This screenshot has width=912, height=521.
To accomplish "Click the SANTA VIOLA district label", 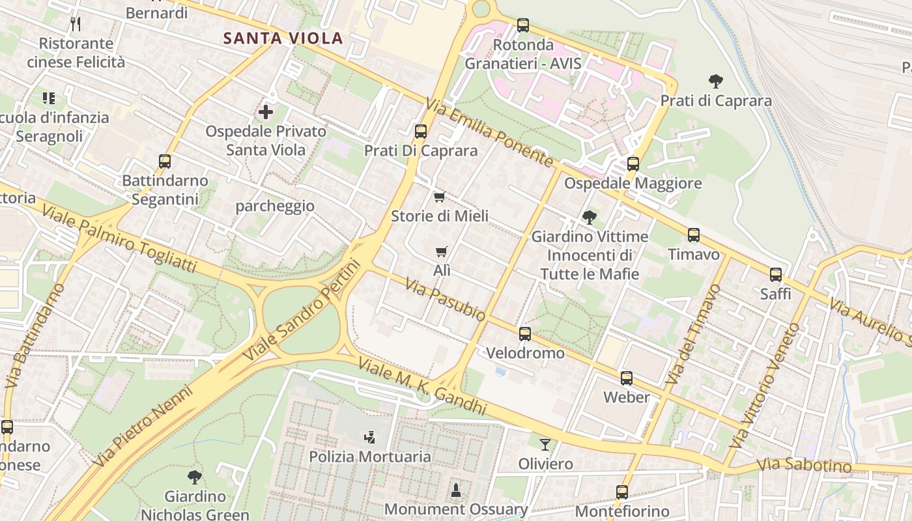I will (x=283, y=38).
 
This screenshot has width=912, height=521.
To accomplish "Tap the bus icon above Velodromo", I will (x=525, y=334).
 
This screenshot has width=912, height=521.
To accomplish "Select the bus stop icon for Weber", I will (x=627, y=378).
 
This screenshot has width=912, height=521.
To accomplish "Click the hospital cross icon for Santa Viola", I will (x=266, y=112).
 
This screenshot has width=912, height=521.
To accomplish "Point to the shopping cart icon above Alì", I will (x=442, y=251).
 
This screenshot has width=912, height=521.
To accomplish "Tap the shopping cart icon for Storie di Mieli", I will (x=440, y=197).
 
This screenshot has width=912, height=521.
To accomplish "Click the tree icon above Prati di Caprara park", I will (x=716, y=81).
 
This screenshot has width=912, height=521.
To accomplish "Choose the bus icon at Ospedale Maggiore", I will (x=633, y=164).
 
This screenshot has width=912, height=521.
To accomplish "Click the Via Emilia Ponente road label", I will (x=490, y=132).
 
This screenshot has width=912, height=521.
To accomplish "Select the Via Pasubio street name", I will (x=445, y=299).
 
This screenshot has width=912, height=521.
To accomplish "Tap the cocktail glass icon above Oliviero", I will (x=545, y=445).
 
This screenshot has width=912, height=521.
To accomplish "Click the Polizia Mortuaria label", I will (x=370, y=457).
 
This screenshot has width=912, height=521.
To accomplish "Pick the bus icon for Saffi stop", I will (x=776, y=275).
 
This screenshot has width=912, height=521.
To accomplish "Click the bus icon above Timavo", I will (x=694, y=235).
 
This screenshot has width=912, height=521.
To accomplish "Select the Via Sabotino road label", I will (x=805, y=466).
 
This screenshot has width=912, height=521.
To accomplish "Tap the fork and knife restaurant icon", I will (x=76, y=24).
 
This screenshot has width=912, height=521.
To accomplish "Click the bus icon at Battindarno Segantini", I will (x=165, y=162).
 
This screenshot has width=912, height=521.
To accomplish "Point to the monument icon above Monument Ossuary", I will (x=456, y=490).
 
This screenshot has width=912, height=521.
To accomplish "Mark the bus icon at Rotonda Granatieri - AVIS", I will (x=523, y=25).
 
